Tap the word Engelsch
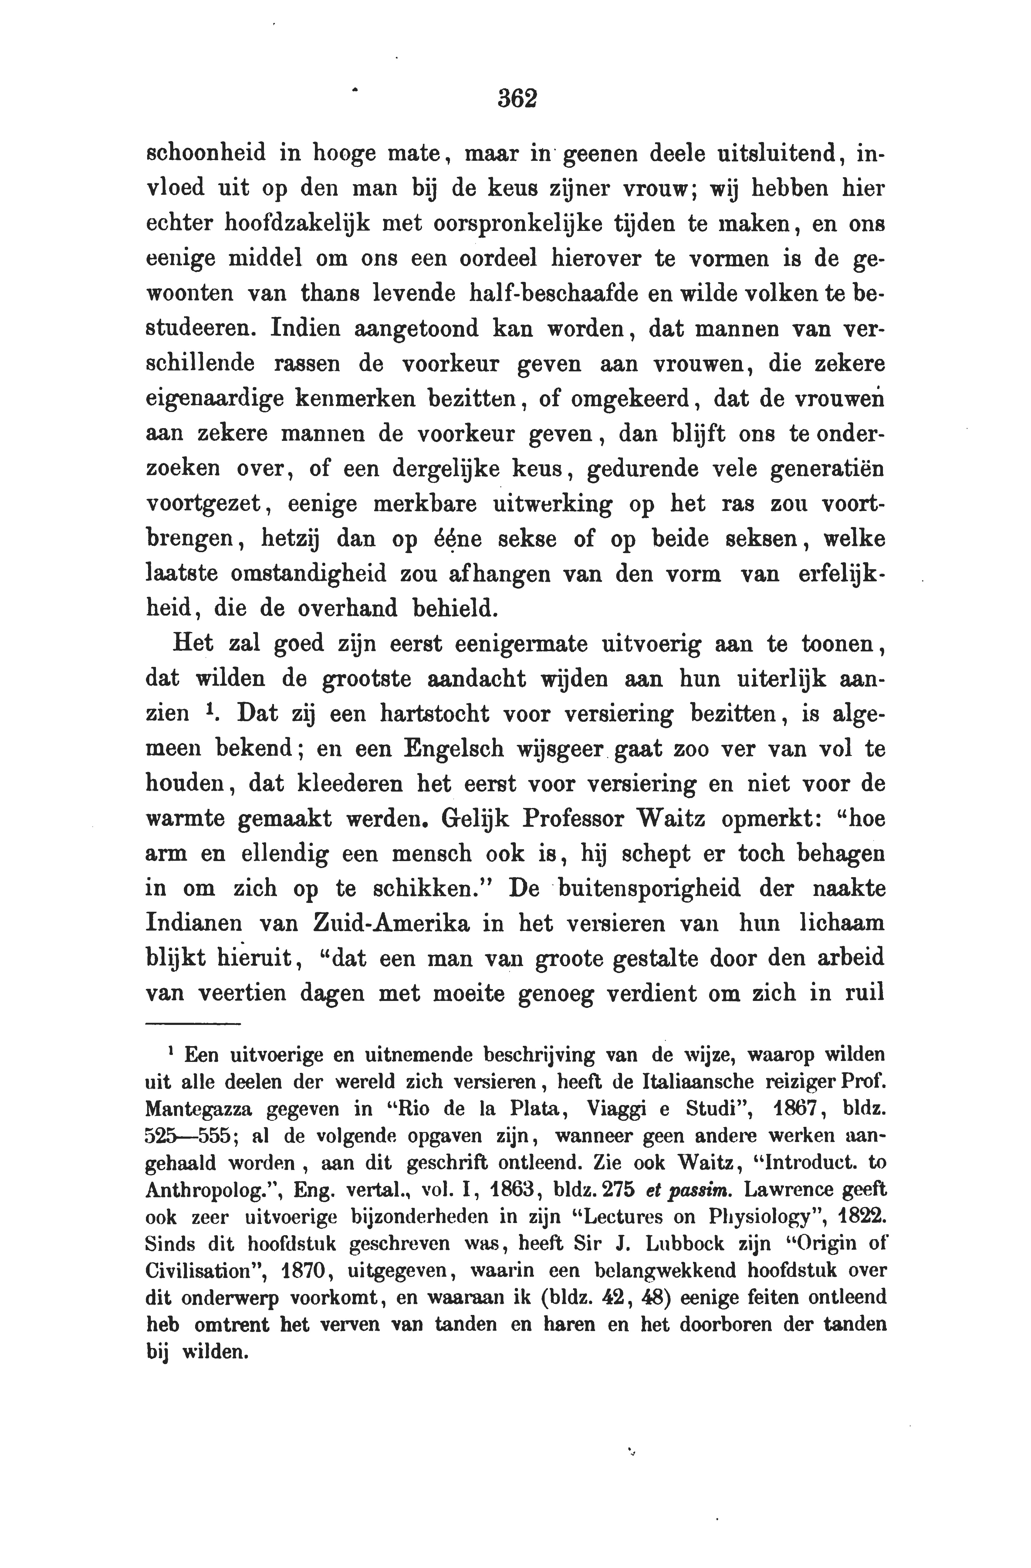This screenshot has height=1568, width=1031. click(x=454, y=749)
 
